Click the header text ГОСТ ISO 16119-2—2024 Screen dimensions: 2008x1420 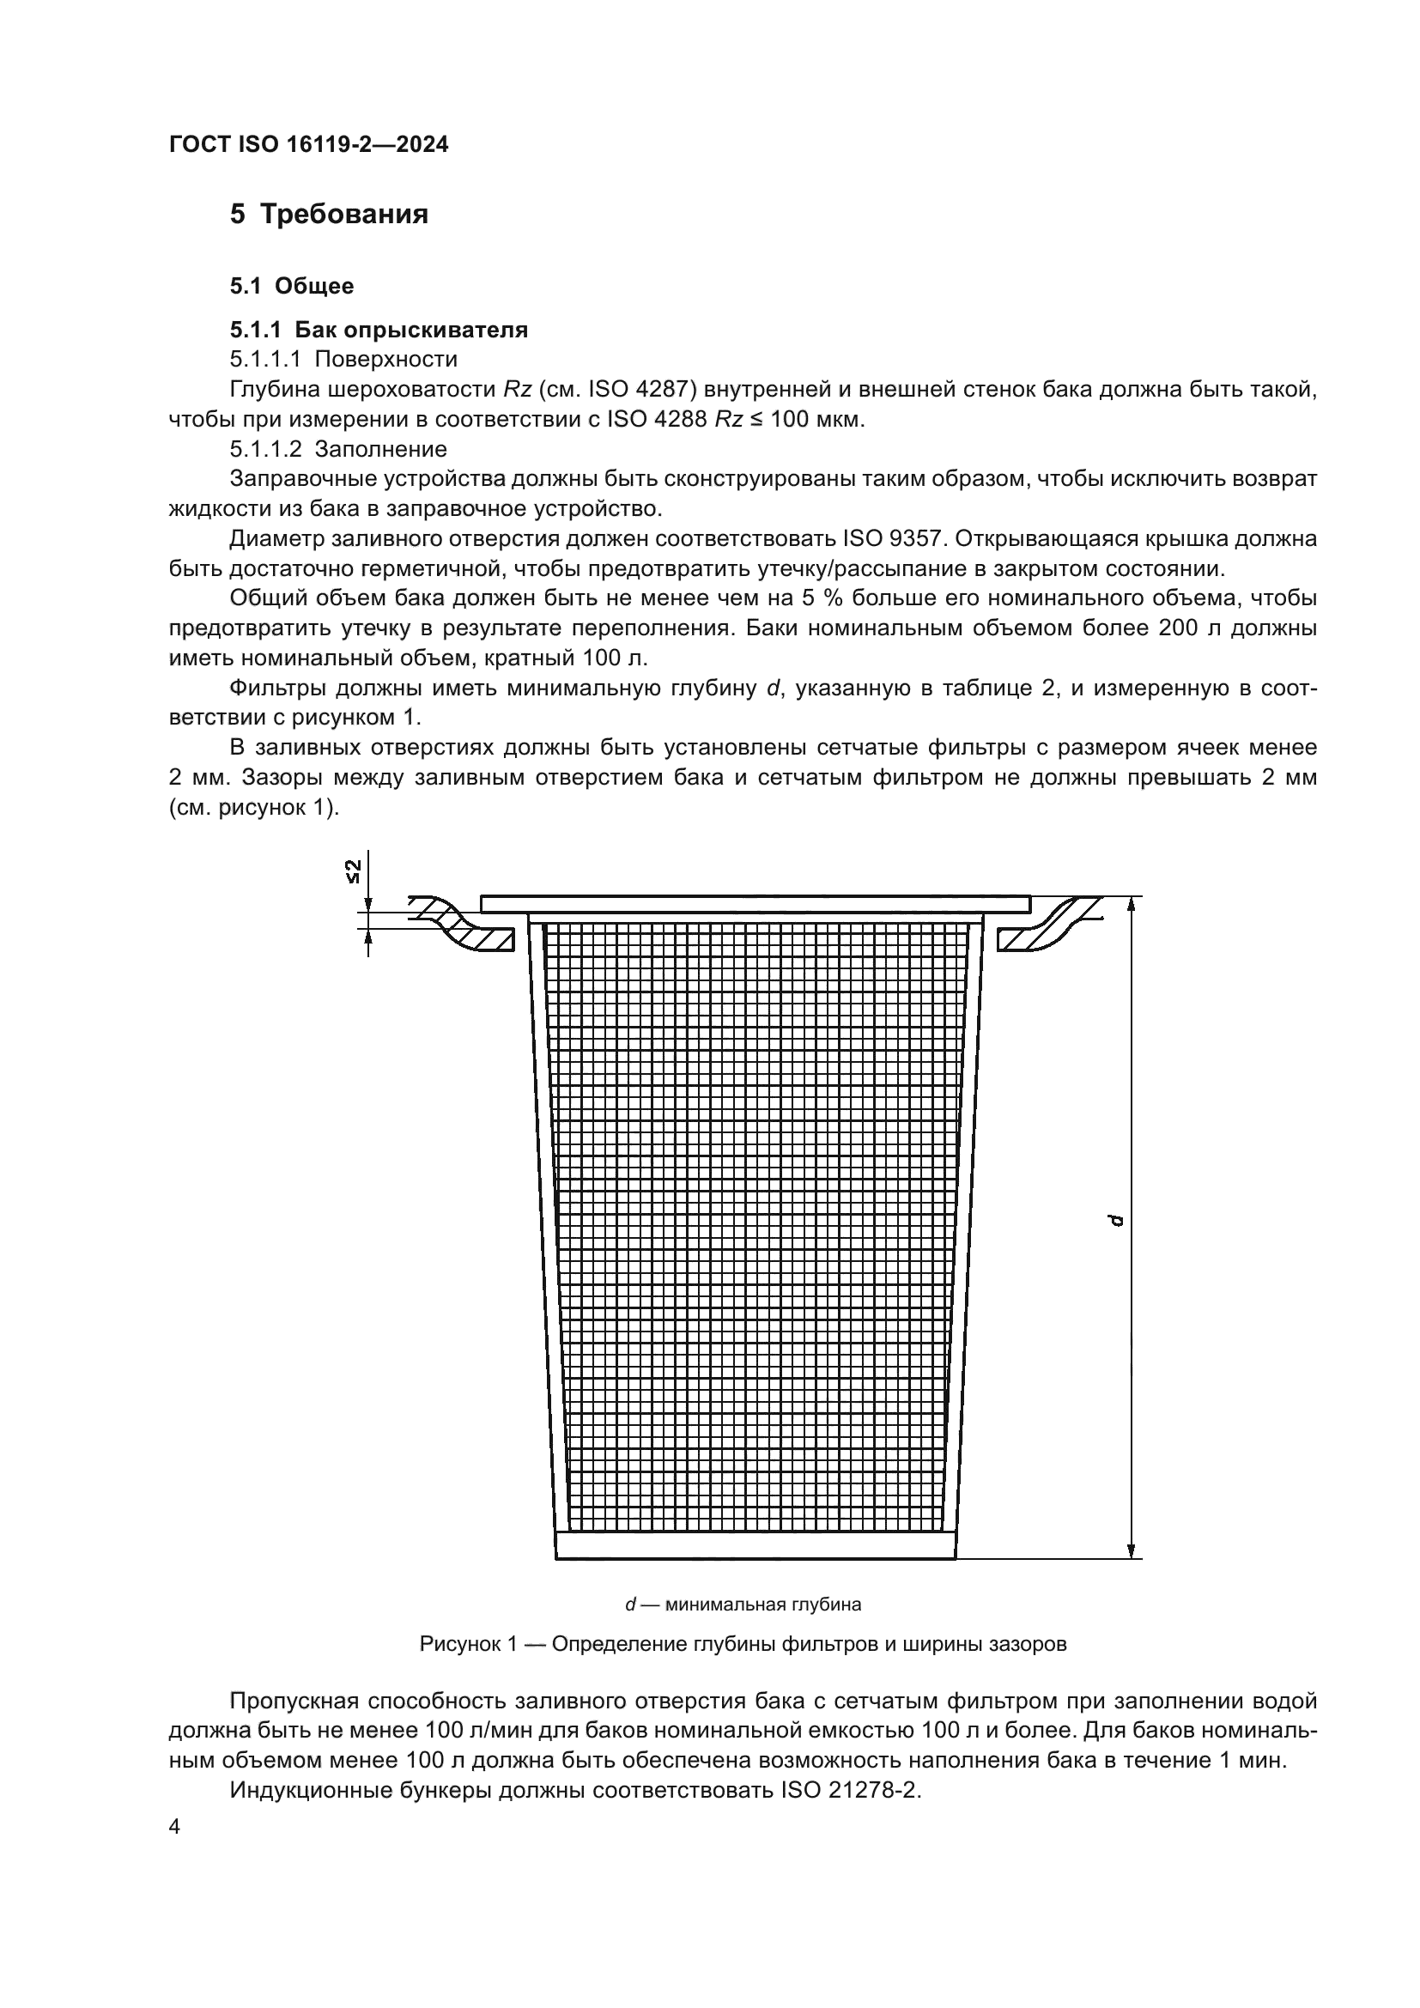tap(308, 145)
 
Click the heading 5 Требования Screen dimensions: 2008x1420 tap(329, 215)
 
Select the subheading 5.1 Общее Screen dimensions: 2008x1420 tap(291, 286)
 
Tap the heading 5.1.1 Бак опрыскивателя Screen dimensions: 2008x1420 tap(379, 330)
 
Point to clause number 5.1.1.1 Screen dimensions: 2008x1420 tap(265, 360)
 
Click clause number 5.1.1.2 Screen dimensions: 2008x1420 tap(265, 450)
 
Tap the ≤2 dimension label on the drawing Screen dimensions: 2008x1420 tap(352, 871)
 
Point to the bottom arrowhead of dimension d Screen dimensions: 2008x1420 tap(1132, 1549)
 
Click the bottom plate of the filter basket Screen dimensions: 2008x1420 tap(756, 1545)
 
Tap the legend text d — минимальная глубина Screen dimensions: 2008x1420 tap(743, 1605)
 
